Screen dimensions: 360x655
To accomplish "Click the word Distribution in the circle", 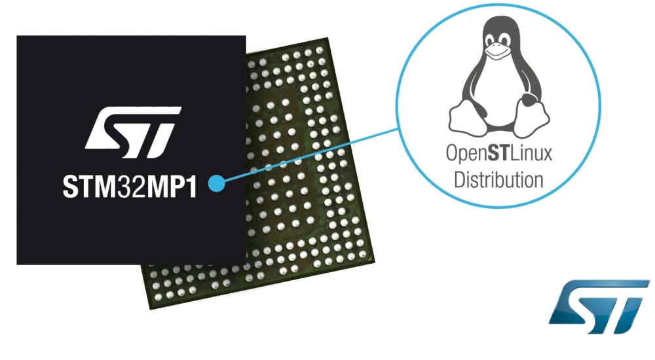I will pos(498,178).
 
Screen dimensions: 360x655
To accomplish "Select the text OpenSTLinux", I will pos(498,155).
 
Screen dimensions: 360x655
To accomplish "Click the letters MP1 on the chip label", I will pos(173,185).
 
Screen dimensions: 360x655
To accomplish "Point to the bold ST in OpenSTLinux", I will pos(501,155).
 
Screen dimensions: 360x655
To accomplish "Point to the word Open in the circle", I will pos(466,156).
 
